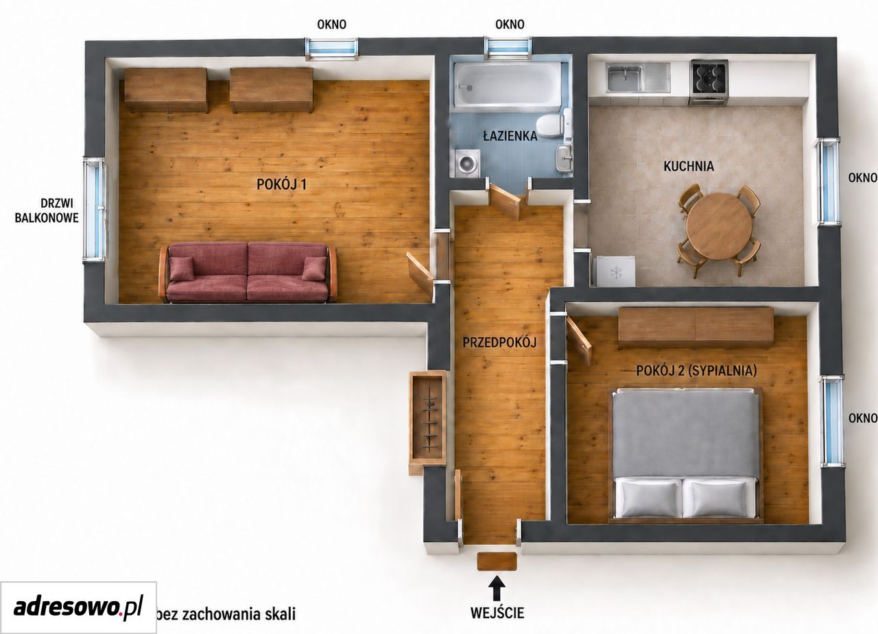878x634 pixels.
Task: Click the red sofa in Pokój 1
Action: click(248, 273)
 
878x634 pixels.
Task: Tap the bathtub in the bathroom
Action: click(508, 85)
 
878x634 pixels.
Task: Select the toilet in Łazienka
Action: click(554, 124)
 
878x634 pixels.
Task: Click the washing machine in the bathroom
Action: click(467, 163)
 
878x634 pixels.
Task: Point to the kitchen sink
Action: click(638, 77)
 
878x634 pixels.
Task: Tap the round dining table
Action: click(719, 225)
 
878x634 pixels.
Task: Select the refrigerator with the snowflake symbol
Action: click(615, 271)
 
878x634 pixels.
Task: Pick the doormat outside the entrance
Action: click(497, 561)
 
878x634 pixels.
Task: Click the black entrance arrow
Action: click(497, 588)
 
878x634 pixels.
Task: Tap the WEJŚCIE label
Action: click(497, 613)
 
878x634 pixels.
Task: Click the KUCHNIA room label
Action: click(689, 167)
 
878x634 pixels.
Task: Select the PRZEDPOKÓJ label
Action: click(499, 343)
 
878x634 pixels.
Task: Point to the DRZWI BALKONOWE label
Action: click(47, 210)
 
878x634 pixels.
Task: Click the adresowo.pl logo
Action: click(78, 607)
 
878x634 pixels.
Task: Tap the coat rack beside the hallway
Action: click(427, 421)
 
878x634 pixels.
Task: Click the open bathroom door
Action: click(505, 202)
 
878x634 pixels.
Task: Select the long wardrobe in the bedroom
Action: click(696, 328)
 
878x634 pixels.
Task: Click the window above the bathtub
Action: click(508, 48)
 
